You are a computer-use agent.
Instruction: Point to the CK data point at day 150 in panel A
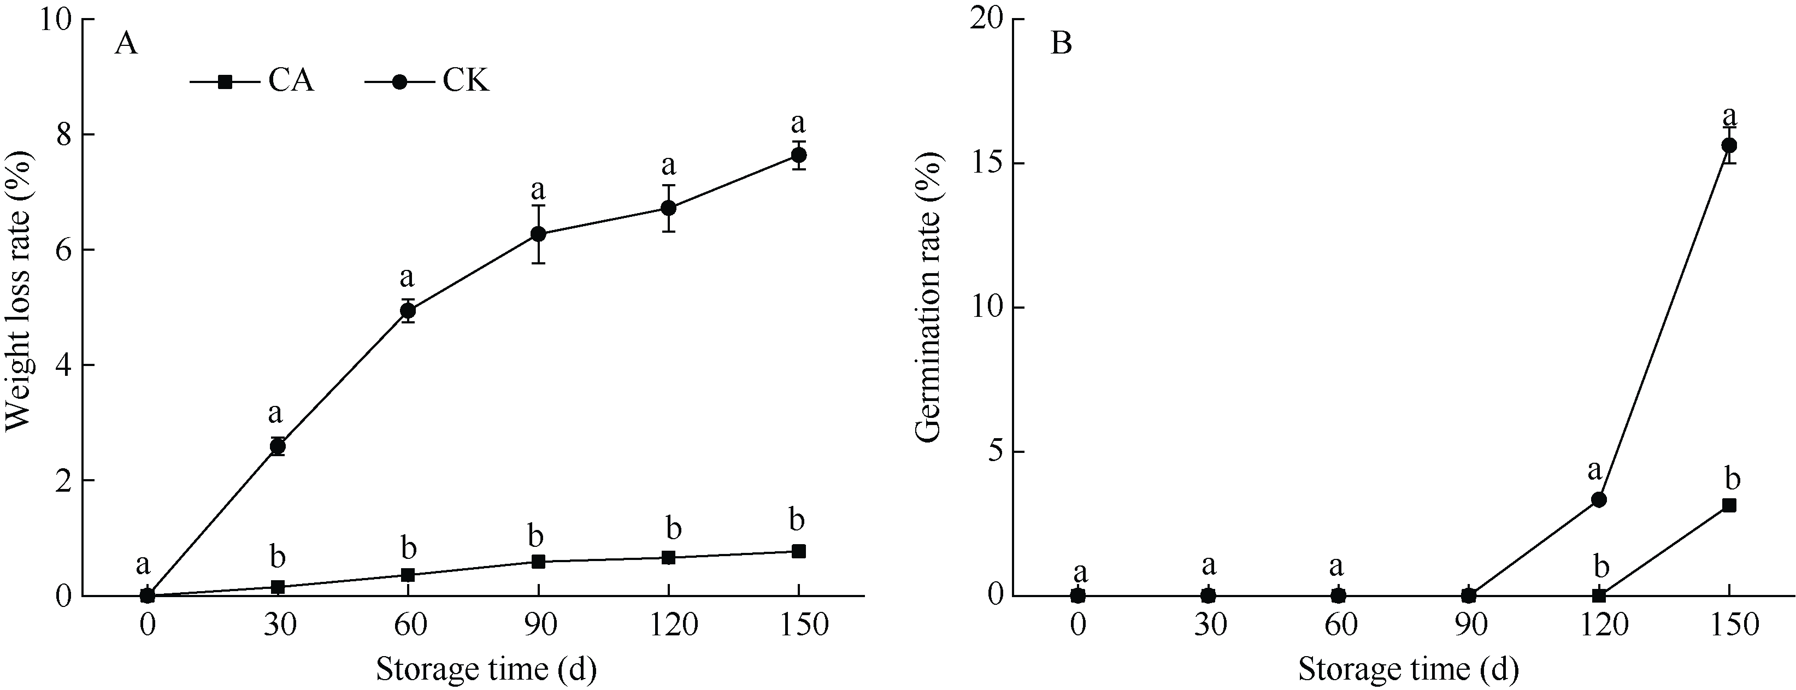[x=798, y=155]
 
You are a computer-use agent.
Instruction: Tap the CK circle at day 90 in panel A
[x=538, y=234]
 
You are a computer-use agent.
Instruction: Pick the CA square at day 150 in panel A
[x=799, y=551]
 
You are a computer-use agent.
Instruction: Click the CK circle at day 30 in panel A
[x=278, y=446]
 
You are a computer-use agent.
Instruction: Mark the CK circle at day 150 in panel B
[x=1729, y=145]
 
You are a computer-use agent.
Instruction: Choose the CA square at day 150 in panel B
[x=1729, y=505]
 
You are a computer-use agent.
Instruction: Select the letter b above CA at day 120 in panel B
[x=1601, y=567]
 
